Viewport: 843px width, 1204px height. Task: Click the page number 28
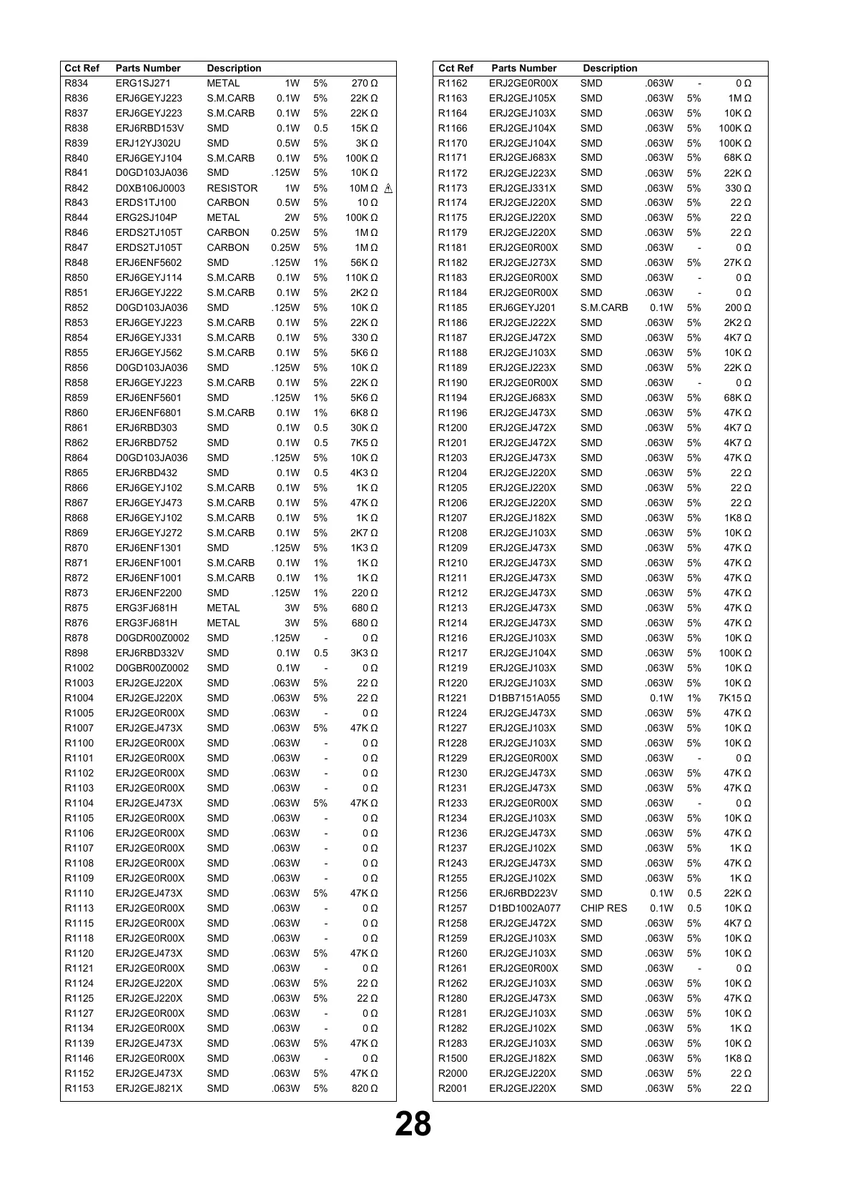coord(413,1125)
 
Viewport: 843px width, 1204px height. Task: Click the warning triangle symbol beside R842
coord(388,188)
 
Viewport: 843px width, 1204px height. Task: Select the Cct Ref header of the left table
coord(82,69)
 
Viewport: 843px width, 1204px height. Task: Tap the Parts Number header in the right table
coord(523,69)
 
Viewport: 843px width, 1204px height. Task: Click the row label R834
coord(77,84)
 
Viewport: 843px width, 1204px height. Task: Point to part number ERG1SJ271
coord(143,84)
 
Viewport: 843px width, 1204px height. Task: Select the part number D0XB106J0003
coord(150,188)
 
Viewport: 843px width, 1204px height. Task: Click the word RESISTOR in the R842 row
coord(232,188)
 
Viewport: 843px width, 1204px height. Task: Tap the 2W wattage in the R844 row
coord(292,218)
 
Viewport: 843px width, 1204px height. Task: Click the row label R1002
coord(79,668)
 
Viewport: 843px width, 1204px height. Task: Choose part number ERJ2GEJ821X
coord(149,1089)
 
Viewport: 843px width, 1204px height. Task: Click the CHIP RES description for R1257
coord(603,909)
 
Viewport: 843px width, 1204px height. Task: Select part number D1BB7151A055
coord(525,699)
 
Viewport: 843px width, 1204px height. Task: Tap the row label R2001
coord(453,1089)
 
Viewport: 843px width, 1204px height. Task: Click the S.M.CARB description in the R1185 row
coord(604,308)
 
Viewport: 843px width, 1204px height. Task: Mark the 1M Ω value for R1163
coord(739,99)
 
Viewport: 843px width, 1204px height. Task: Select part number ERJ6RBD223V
coord(523,894)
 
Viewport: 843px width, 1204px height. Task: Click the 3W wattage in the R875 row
coord(292,608)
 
